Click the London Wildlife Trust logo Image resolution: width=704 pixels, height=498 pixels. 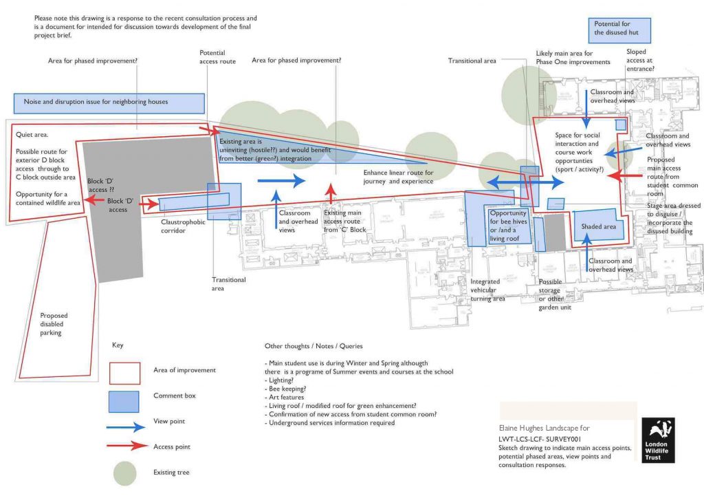(x=658, y=440)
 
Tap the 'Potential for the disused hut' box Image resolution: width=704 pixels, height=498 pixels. (x=619, y=29)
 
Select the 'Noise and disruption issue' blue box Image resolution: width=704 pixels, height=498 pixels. (x=109, y=102)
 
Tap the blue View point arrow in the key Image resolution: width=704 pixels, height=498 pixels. (x=126, y=426)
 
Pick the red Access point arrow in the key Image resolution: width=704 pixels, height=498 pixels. (x=126, y=446)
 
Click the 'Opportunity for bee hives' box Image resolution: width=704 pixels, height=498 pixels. (x=508, y=226)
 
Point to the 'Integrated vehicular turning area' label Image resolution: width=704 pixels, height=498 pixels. (x=488, y=290)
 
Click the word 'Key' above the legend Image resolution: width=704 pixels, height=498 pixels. (x=118, y=345)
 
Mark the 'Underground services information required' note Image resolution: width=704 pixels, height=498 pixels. (x=329, y=423)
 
